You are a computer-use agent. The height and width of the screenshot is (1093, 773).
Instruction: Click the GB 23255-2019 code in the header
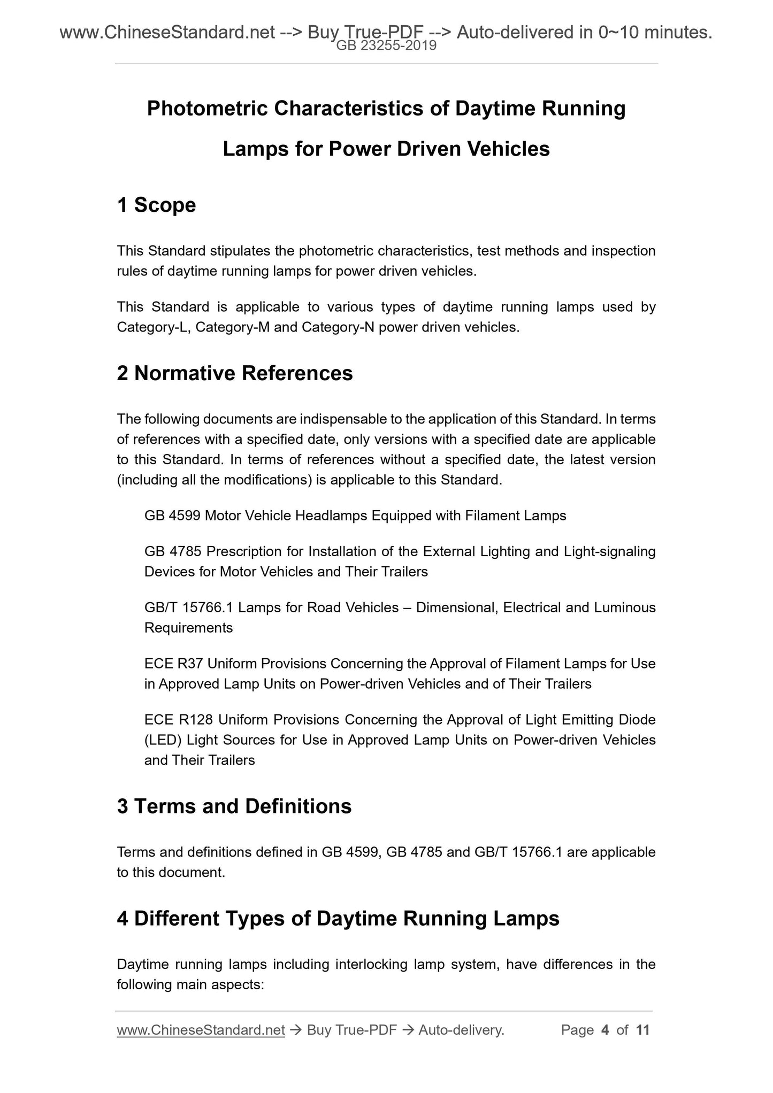(386, 46)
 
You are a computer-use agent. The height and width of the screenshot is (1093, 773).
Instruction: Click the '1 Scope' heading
(156, 205)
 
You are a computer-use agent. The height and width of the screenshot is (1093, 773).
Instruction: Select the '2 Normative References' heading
(235, 373)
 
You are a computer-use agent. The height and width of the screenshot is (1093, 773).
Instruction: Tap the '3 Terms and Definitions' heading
(234, 806)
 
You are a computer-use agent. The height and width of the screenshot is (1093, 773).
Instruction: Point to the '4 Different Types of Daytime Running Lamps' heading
(338, 918)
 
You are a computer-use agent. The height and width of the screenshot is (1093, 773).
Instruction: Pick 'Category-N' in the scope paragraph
(338, 327)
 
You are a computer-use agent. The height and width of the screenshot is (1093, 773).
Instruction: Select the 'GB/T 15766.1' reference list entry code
(188, 607)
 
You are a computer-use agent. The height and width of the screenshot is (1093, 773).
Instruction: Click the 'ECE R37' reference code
(173, 664)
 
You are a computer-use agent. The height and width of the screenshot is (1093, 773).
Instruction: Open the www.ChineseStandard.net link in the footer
(201, 1030)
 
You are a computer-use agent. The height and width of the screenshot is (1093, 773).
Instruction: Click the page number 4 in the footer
(605, 1030)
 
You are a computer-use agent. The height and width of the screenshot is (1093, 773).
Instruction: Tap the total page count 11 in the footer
(643, 1030)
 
